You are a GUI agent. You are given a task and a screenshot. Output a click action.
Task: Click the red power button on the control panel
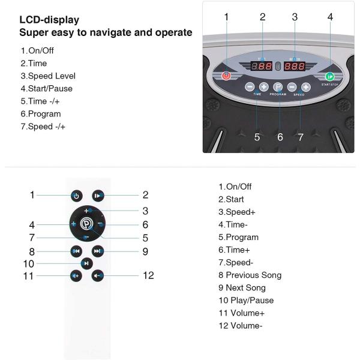pyautogui.click(x=226, y=76)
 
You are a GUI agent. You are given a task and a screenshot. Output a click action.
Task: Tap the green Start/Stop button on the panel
pyautogui.click(x=329, y=76)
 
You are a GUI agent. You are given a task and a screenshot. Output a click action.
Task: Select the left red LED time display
pyautogui.click(x=262, y=67)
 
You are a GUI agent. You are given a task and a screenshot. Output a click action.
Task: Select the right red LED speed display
pyautogui.click(x=295, y=67)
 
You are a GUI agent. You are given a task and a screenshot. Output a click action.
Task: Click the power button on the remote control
pyautogui.click(x=76, y=195)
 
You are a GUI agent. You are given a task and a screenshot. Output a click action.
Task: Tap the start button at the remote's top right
pyautogui.click(x=98, y=195)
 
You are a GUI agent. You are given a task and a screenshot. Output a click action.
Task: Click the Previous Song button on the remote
pyautogui.click(x=76, y=251)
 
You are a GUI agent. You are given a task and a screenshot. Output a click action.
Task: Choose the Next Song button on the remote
pyautogui.click(x=98, y=251)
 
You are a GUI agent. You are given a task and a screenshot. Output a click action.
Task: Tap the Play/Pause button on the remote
pyautogui.click(x=87, y=263)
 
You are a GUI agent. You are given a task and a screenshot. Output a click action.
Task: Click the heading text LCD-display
pyautogui.click(x=49, y=20)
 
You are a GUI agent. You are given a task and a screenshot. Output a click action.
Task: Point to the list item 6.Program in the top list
pyautogui.click(x=41, y=114)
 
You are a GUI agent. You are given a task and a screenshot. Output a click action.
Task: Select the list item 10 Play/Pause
pyautogui.click(x=246, y=300)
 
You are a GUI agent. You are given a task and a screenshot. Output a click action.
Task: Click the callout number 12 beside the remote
pyautogui.click(x=148, y=275)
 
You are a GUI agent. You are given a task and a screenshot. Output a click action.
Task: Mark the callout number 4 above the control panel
pyautogui.click(x=330, y=17)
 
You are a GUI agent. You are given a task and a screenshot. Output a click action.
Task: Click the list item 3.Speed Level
pyautogui.click(x=48, y=76)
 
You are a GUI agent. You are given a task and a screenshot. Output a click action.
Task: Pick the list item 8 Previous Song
pyautogui.click(x=250, y=275)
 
